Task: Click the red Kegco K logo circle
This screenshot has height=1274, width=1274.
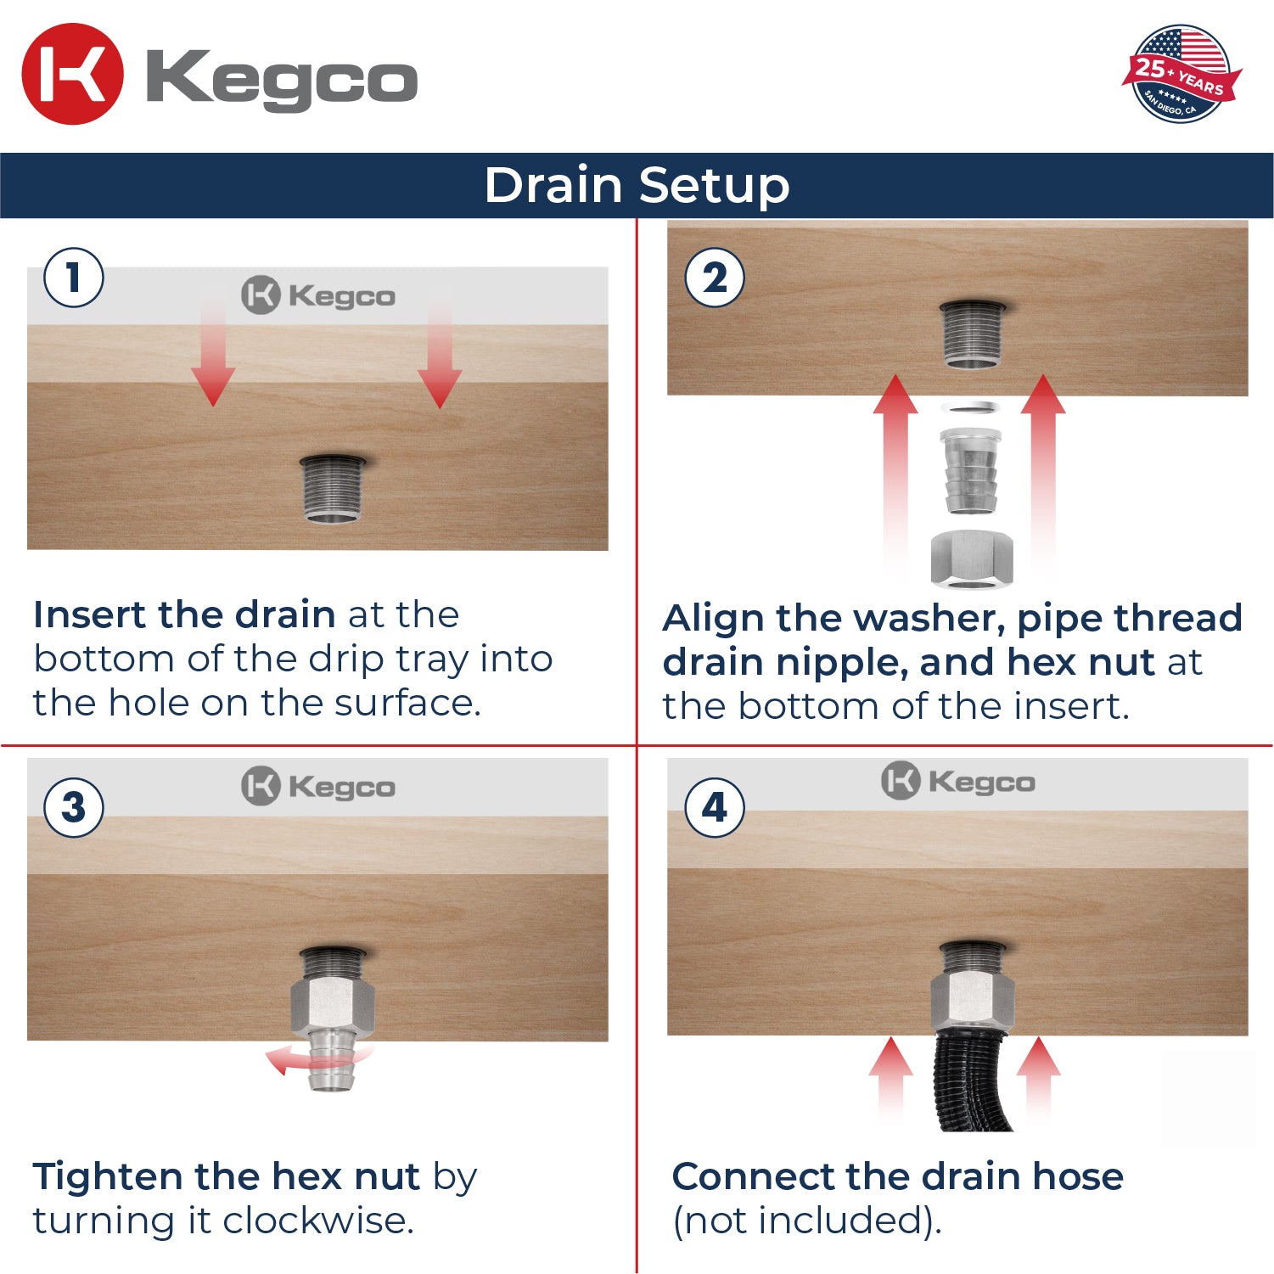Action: pyautogui.click(x=72, y=74)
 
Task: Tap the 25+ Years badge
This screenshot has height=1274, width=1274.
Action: pyautogui.click(x=1181, y=74)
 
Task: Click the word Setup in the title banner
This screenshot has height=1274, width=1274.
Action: pyautogui.click(x=714, y=185)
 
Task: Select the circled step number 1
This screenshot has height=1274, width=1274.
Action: pyautogui.click(x=74, y=278)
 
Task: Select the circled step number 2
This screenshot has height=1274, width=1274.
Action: pyautogui.click(x=715, y=278)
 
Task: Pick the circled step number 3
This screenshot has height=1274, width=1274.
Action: pyautogui.click(x=74, y=807)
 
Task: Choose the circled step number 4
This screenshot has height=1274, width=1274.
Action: pyautogui.click(x=715, y=807)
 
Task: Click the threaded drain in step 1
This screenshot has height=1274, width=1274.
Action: pyautogui.click(x=332, y=489)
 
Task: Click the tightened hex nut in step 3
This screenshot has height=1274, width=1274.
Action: pyautogui.click(x=332, y=1004)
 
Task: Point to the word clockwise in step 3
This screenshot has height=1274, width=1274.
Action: pyautogui.click(x=317, y=1221)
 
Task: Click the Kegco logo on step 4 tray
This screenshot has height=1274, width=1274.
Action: pyautogui.click(x=958, y=781)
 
